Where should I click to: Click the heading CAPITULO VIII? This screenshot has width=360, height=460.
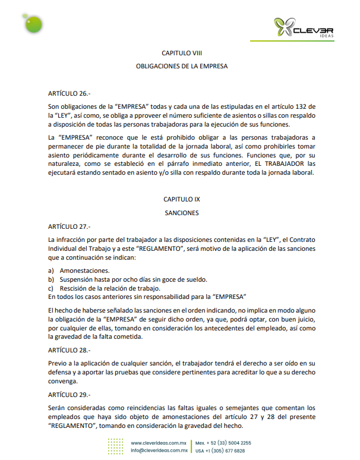181,53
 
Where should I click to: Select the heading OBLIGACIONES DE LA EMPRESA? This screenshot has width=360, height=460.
181,67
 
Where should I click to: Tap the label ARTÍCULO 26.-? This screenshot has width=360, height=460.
68,93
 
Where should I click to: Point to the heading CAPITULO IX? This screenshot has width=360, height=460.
181,199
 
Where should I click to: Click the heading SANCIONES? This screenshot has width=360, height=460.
181,213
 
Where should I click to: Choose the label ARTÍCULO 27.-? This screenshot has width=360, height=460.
68,226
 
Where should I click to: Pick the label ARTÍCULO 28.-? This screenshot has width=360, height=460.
68,349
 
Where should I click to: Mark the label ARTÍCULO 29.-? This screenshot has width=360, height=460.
68,395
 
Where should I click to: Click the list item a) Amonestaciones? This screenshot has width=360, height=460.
80,270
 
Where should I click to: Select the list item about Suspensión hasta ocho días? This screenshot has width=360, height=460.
128,279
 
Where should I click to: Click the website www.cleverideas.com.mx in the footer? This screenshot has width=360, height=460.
159,443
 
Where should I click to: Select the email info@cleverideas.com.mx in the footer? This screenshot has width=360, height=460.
159,451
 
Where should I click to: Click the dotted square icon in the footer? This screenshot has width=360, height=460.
116,447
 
